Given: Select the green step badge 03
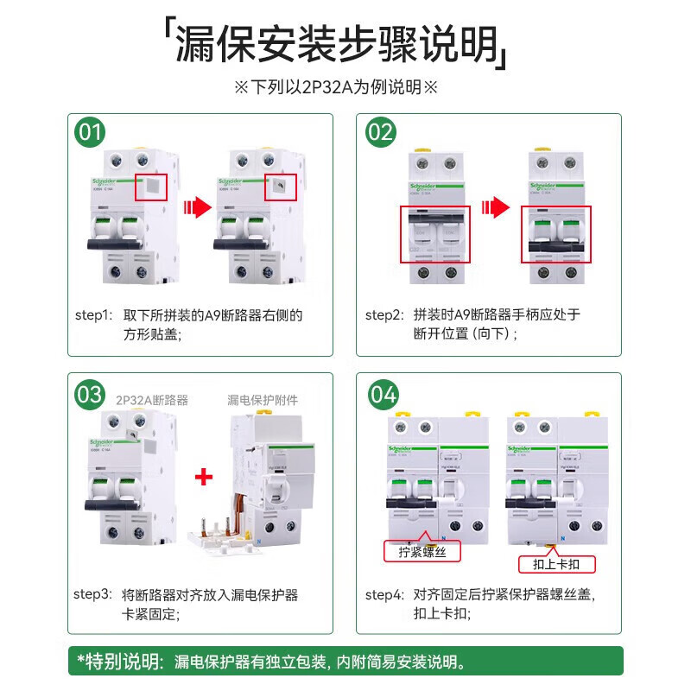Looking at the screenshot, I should click(x=91, y=395).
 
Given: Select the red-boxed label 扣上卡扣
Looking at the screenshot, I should click(x=556, y=565).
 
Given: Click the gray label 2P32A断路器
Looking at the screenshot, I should click(x=151, y=400).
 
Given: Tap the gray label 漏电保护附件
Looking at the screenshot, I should click(x=263, y=400).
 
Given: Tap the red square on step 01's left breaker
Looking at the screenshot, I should click(x=151, y=187).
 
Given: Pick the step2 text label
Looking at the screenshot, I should click(x=384, y=315).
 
